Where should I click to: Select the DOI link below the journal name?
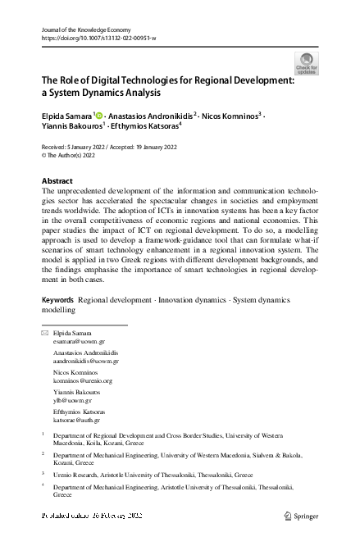click(98, 39)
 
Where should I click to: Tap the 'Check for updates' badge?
click(307, 65)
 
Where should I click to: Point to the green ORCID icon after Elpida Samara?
click(99, 116)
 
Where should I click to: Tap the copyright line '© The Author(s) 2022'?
click(71, 155)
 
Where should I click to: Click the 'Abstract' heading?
click(57, 180)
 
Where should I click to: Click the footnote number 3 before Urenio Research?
click(43, 473)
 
